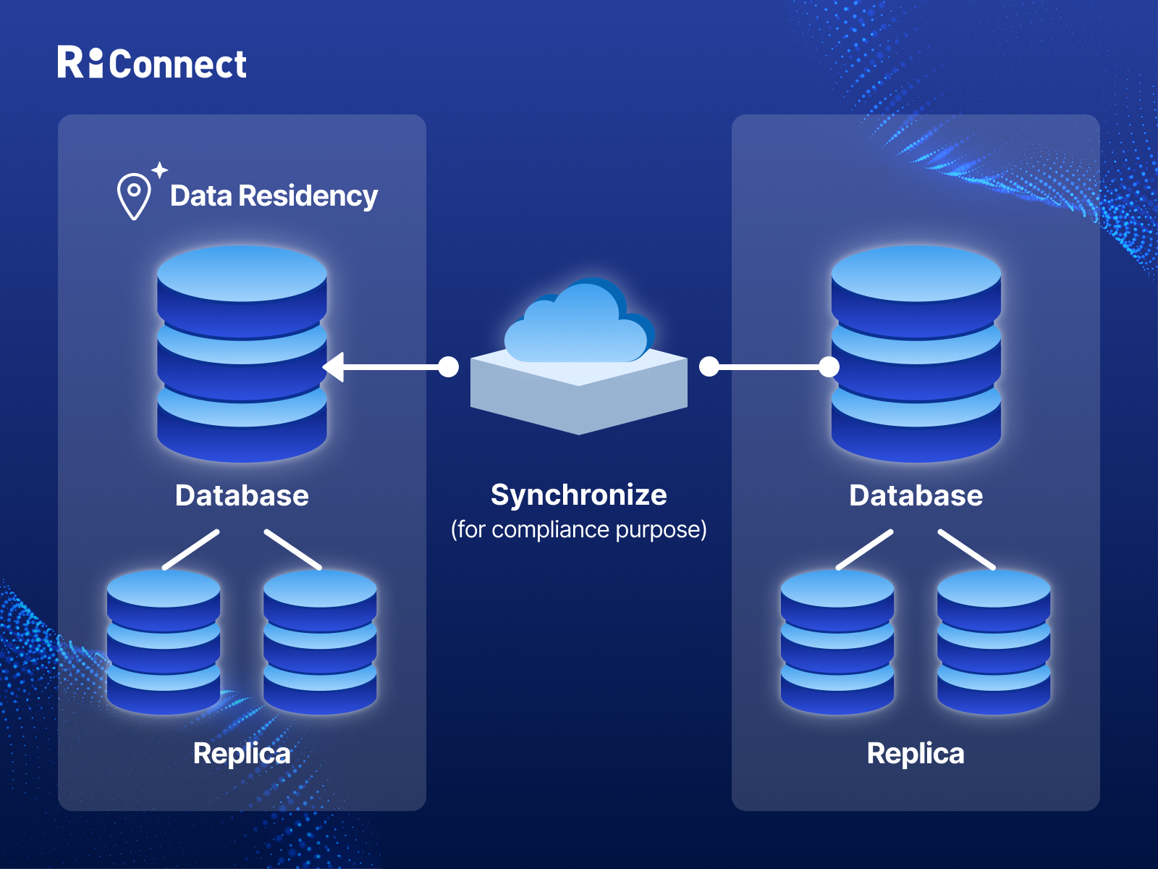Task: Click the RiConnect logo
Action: click(x=152, y=64)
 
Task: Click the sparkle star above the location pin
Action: click(x=160, y=170)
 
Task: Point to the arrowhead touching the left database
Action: click(x=333, y=367)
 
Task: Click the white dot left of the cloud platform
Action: click(x=449, y=367)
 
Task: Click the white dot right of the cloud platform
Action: click(x=709, y=367)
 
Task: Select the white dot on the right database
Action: click(x=829, y=367)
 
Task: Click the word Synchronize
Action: click(x=579, y=495)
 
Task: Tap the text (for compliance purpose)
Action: click(x=579, y=530)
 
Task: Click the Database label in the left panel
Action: click(x=242, y=496)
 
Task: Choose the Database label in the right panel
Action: click(x=916, y=496)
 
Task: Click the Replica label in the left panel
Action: click(x=242, y=754)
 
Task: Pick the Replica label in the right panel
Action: click(x=916, y=754)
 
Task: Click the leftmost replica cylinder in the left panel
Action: click(x=164, y=642)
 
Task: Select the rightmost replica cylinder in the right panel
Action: click(x=994, y=642)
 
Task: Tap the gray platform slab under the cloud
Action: click(x=579, y=406)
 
